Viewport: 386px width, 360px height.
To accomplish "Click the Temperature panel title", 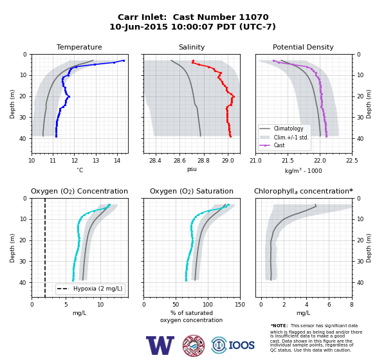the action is [x=79, y=47].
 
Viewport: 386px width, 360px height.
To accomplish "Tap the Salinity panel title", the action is [x=192, y=47].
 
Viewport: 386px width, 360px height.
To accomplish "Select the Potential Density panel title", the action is [x=303, y=47].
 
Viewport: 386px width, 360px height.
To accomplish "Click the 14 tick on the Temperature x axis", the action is [x=117, y=161].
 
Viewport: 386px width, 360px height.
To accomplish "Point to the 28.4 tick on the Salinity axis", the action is [x=155, y=161].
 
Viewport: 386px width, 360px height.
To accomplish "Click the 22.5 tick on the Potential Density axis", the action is [x=352, y=161].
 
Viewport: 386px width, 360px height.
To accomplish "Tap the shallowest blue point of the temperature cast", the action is [x=124, y=60].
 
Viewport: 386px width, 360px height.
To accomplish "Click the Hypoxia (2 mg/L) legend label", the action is [x=98, y=289].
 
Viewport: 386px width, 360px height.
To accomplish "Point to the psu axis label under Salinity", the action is [x=192, y=169].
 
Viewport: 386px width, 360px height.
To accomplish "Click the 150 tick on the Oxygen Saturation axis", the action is [x=240, y=305].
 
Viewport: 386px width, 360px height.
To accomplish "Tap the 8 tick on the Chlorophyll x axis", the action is [x=352, y=305].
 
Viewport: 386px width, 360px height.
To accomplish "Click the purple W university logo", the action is [x=160, y=345].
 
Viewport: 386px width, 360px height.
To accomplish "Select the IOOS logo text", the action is [x=241, y=345].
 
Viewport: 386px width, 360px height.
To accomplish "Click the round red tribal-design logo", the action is [x=194, y=345].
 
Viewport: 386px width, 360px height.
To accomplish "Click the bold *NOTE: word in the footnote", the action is [x=279, y=325].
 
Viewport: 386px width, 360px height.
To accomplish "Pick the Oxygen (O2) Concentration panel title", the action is [x=79, y=191].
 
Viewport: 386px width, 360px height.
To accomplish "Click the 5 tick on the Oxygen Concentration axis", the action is [x=66, y=305].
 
